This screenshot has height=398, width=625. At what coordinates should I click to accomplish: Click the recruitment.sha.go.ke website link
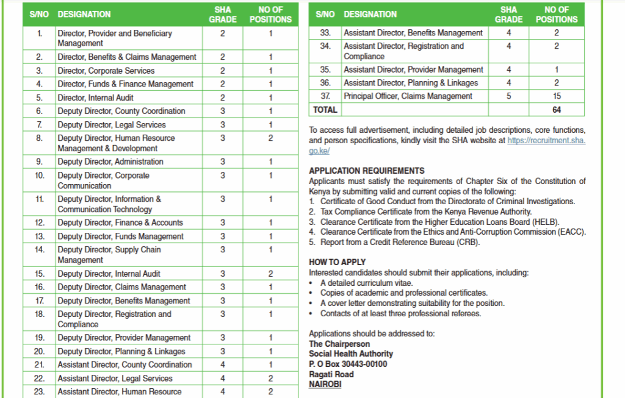546,140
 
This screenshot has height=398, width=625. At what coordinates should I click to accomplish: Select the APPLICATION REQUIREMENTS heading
366,171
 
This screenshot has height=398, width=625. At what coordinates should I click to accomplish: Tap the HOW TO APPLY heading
337,262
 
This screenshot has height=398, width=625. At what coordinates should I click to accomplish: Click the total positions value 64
556,110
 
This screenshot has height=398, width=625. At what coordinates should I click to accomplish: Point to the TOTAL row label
325,110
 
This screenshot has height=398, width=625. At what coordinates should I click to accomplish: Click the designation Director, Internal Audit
95,98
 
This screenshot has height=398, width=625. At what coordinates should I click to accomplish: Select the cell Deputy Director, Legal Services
112,125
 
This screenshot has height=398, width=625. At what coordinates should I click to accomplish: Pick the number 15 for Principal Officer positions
556,96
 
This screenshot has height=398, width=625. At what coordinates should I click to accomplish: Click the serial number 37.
325,96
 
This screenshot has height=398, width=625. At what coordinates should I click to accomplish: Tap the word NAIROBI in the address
325,385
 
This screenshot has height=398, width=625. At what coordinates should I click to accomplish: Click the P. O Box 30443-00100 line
348,364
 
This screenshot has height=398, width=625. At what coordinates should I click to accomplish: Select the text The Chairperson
339,344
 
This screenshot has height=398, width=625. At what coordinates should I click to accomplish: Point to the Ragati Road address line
331,374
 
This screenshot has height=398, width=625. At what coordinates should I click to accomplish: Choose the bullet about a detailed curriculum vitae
366,283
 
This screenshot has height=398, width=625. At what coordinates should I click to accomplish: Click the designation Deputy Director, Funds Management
120,236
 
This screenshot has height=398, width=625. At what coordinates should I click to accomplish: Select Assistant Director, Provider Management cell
413,69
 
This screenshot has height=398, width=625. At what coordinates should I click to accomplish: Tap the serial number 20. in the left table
40,351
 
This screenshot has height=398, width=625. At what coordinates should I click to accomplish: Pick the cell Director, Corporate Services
107,71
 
